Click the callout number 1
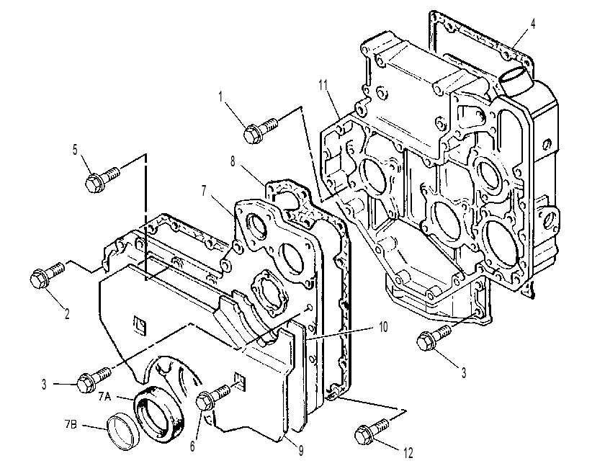click(x=220, y=97)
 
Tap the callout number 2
click(x=67, y=313)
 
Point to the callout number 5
click(x=75, y=150)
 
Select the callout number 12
click(x=408, y=452)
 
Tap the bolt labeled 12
click(x=371, y=431)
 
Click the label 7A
click(x=104, y=396)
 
